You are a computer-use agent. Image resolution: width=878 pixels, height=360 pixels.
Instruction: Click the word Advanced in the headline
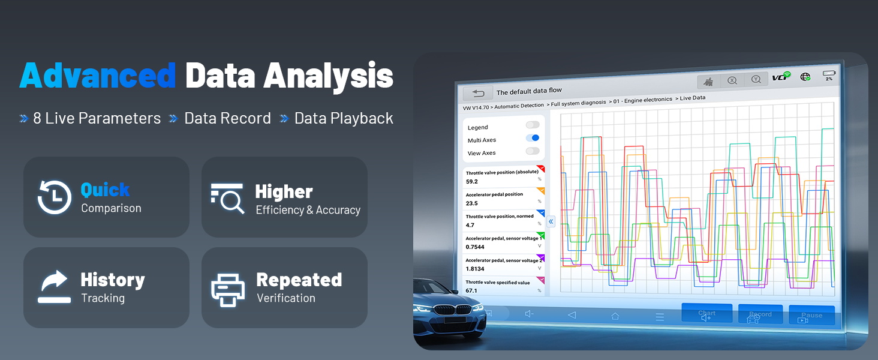pos(97,76)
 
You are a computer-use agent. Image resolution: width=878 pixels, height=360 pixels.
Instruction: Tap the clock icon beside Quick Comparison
pos(54,197)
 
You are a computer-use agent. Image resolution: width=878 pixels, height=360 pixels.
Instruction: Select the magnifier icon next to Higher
pos(227,198)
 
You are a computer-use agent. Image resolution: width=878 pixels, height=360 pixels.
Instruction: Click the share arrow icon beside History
pos(54,287)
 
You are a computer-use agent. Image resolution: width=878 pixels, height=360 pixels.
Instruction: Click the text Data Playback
pos(344,118)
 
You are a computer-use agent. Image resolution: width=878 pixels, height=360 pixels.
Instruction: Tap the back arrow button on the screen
pos(478,93)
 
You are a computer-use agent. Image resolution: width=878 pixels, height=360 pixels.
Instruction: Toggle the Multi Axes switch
pos(533,138)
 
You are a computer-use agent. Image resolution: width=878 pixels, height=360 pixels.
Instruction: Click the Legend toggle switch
pos(533,125)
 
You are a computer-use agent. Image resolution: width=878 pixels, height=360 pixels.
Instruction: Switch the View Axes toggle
pos(533,151)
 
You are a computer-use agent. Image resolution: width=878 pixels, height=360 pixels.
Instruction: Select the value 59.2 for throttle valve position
pos(472,181)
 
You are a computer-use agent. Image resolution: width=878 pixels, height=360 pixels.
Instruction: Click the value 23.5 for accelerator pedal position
pos(472,203)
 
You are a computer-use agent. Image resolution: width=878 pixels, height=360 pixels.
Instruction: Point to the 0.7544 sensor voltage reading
pos(476,247)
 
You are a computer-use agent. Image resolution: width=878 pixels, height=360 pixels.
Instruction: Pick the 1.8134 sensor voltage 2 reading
pos(476,269)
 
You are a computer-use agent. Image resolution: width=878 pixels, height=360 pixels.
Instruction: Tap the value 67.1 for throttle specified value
pos(472,290)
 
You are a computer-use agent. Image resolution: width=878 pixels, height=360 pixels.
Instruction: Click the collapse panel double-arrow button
pos(551,221)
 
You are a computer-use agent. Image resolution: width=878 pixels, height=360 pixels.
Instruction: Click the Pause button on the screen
pos(811,315)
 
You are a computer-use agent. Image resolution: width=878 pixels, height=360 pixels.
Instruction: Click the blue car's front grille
pos(444,311)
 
